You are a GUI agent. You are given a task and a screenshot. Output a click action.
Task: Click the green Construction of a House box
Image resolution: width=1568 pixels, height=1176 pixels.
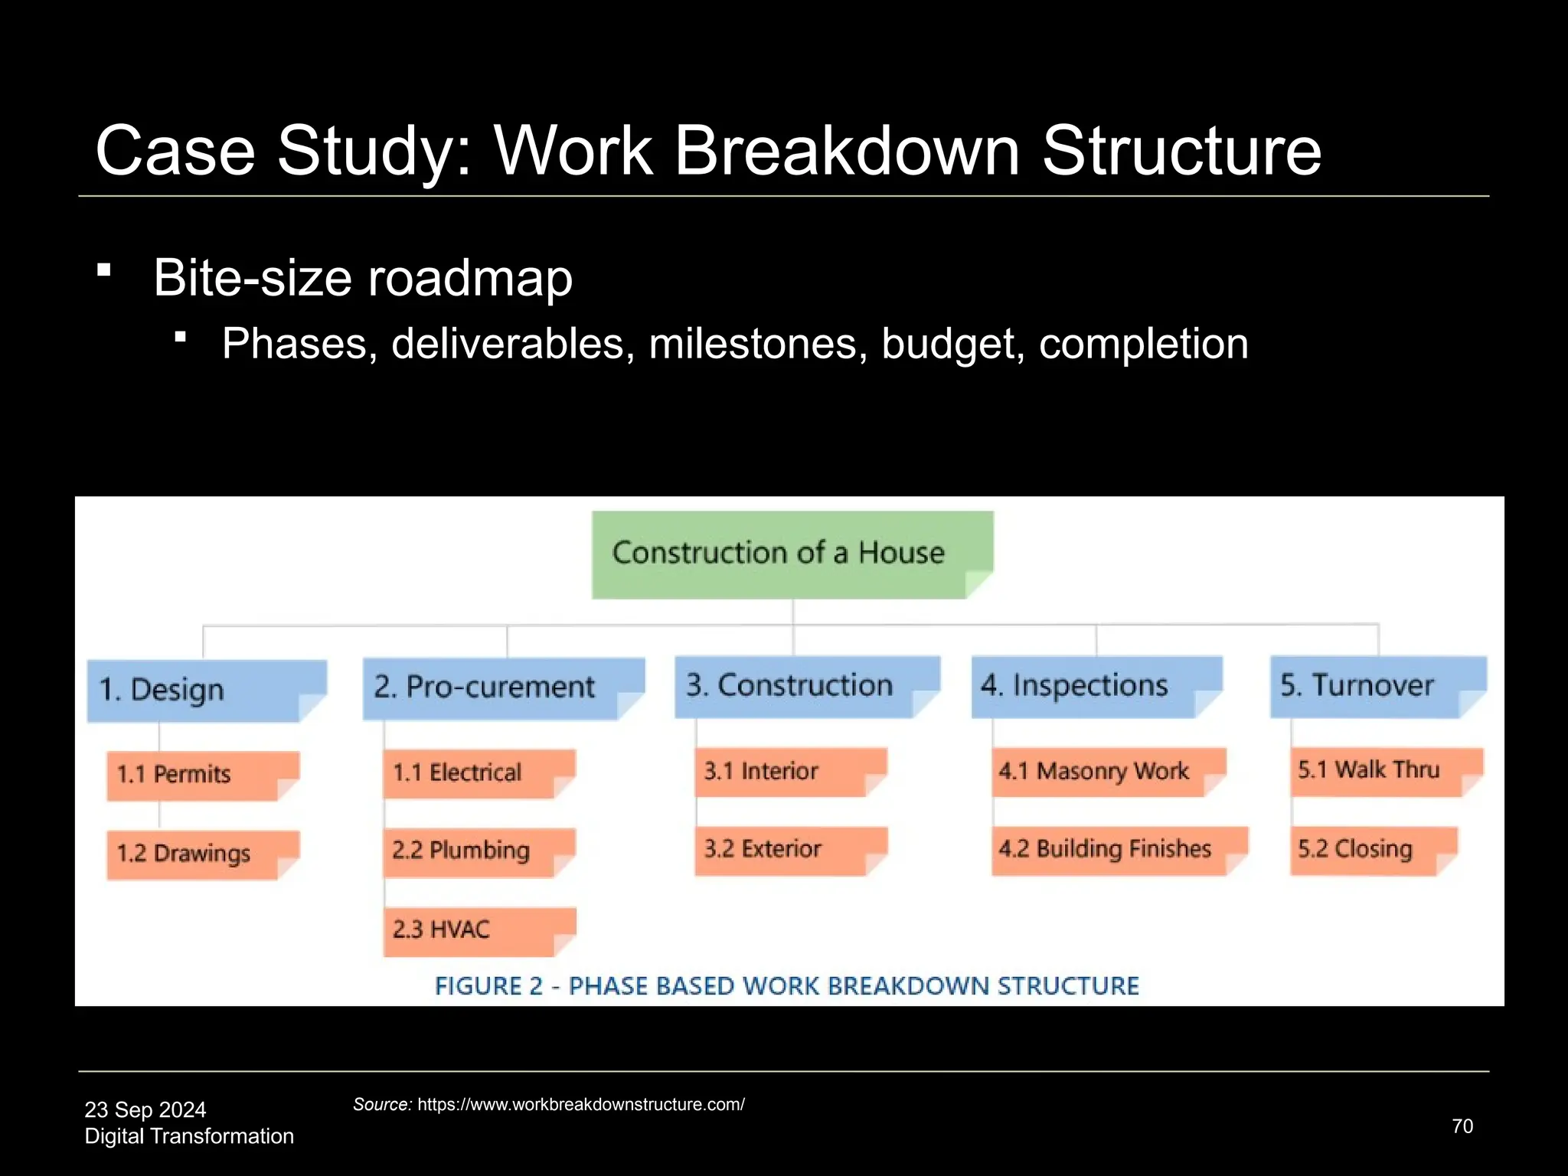[x=792, y=554]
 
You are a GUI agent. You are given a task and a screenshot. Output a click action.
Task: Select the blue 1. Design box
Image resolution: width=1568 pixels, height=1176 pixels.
[x=206, y=690]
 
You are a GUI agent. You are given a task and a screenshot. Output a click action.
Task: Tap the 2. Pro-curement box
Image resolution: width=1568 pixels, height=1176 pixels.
[x=502, y=688]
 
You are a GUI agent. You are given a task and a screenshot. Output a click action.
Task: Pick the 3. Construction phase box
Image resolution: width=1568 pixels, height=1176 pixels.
[x=806, y=686]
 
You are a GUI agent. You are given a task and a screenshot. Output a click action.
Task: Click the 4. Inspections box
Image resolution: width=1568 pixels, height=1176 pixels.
[x=1096, y=686]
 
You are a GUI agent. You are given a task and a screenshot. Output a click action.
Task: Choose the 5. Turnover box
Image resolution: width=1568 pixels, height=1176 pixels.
[x=1377, y=686]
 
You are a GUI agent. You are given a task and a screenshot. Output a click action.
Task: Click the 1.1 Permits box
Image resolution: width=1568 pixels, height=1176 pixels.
[x=202, y=775]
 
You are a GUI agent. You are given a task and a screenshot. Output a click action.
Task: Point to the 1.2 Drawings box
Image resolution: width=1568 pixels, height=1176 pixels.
[x=202, y=854]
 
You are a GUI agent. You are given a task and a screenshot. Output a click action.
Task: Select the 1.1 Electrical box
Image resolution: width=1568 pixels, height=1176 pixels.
[x=479, y=773]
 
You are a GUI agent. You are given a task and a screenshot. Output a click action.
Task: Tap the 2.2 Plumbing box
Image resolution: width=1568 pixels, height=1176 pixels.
[x=479, y=851]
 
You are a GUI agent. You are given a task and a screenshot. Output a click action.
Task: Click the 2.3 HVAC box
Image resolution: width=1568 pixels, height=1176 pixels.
[x=479, y=931]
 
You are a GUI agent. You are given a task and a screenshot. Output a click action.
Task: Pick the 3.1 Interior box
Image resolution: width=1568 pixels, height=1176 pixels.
[x=790, y=772]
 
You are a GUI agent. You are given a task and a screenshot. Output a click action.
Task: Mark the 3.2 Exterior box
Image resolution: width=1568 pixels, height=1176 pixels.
[x=790, y=850]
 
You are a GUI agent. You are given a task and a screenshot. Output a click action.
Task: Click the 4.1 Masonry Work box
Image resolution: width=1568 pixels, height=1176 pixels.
[x=1108, y=772]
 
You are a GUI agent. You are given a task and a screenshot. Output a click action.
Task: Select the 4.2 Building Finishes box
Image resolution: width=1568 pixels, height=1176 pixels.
[x=1119, y=850]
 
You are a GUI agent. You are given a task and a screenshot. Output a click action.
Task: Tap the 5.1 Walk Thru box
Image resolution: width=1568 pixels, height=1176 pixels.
[x=1386, y=771]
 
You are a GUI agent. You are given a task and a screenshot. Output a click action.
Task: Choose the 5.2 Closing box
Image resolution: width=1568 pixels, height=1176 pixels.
[x=1373, y=850]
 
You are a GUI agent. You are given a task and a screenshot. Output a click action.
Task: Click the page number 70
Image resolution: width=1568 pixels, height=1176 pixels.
[x=1462, y=1126]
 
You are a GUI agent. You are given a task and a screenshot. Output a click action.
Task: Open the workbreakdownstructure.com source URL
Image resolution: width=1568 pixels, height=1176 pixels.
[x=580, y=1105]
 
